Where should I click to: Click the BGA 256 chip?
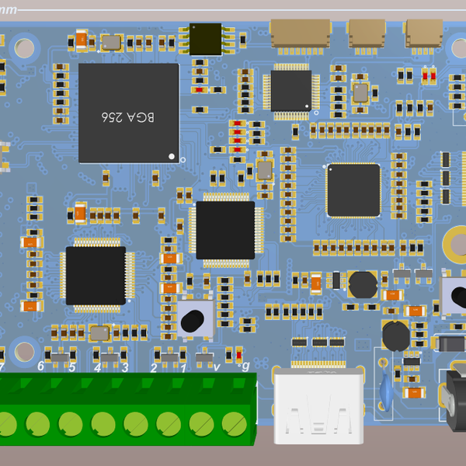click(129, 113)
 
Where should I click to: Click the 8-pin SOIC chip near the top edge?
click(206, 39)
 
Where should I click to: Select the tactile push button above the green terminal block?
click(196, 318)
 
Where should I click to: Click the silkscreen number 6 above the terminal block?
click(41, 366)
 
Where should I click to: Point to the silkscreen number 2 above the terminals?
click(154, 367)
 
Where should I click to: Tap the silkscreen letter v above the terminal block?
click(216, 367)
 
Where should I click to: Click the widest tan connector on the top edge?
click(300, 33)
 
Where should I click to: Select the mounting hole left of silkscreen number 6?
click(24, 349)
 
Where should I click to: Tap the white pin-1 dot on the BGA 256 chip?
click(172, 156)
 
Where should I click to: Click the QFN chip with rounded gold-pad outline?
click(353, 190)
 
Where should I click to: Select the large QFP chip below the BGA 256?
click(96, 276)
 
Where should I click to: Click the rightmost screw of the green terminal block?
click(234, 423)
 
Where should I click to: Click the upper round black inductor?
click(362, 285)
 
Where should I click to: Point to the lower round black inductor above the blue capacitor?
click(395, 336)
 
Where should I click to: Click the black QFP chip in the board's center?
click(225, 230)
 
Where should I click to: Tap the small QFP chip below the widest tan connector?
click(290, 90)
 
